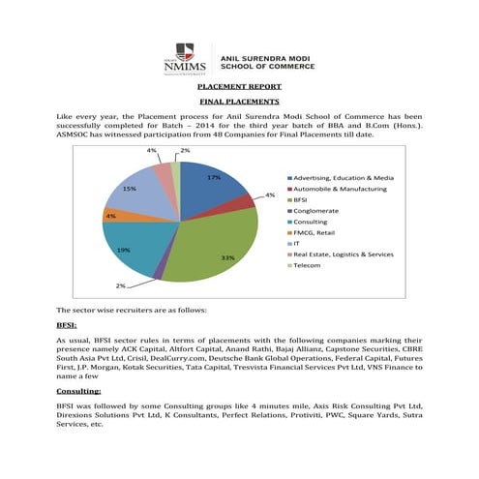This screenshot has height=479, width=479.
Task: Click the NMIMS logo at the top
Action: click(184, 60)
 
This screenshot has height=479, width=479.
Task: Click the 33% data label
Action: click(227, 258)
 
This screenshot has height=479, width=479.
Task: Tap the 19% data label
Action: click(123, 251)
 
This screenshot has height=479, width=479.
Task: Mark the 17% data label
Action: click(214, 178)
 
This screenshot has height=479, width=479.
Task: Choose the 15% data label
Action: click(128, 189)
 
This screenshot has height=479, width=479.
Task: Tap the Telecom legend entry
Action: click(309, 264)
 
